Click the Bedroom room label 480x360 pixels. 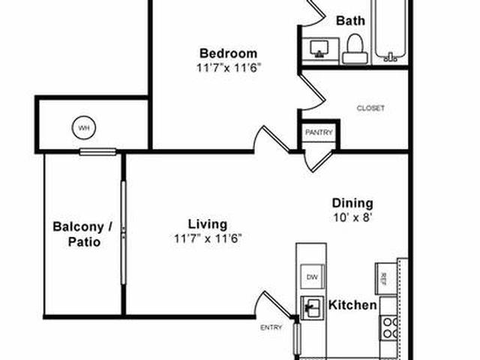(228, 53)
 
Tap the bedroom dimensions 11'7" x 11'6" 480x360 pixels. (228, 67)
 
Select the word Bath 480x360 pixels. (350, 21)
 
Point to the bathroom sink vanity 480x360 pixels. (320, 51)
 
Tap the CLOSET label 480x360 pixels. (370, 108)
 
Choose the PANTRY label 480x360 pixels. (319, 133)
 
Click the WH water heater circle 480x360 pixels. (84, 127)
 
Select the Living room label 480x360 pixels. (208, 224)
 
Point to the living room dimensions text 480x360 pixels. (208, 238)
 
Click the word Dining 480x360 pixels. (352, 203)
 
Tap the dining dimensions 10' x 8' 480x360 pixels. (352, 217)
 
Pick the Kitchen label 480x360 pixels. (352, 305)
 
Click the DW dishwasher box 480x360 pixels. (312, 277)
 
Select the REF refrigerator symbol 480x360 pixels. (386, 278)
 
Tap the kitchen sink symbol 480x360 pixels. (312, 307)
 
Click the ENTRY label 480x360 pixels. (271, 328)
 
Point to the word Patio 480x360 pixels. (84, 241)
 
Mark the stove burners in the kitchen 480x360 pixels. (389, 328)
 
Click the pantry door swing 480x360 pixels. (318, 161)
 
